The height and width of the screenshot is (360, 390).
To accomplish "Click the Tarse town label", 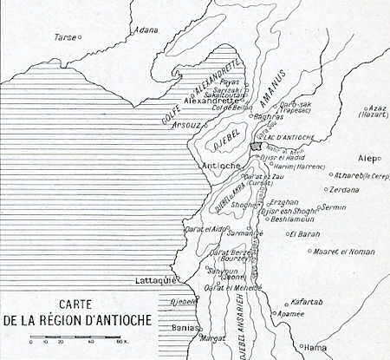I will tap(64, 37).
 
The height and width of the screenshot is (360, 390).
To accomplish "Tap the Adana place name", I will tap(146, 29).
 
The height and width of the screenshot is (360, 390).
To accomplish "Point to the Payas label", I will tap(228, 82).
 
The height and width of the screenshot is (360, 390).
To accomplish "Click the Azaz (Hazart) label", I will tap(376, 113).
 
